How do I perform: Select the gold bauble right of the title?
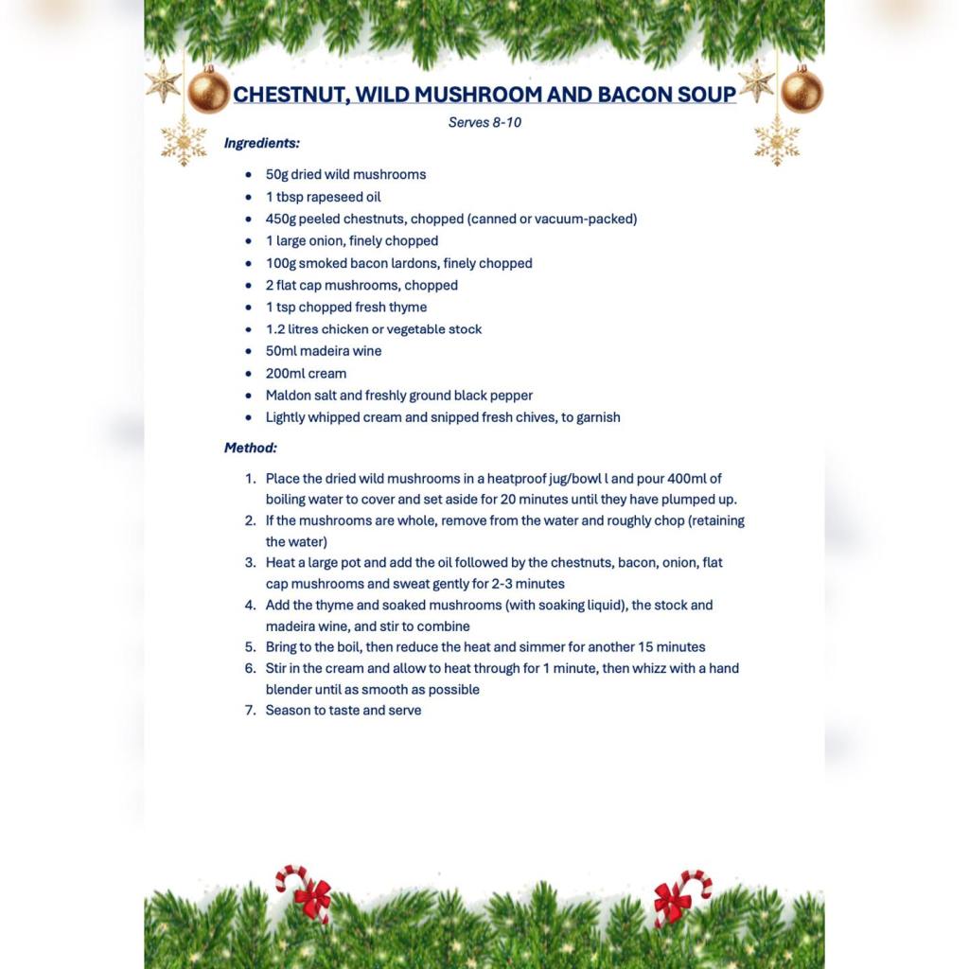click(x=802, y=90)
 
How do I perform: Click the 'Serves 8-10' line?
click(x=484, y=122)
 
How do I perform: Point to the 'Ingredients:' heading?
click(x=262, y=143)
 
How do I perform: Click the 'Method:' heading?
click(x=251, y=448)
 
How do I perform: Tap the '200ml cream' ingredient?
click(x=306, y=373)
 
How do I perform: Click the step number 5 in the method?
click(x=251, y=647)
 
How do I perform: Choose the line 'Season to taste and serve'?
click(x=344, y=710)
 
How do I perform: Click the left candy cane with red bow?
click(x=306, y=891)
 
